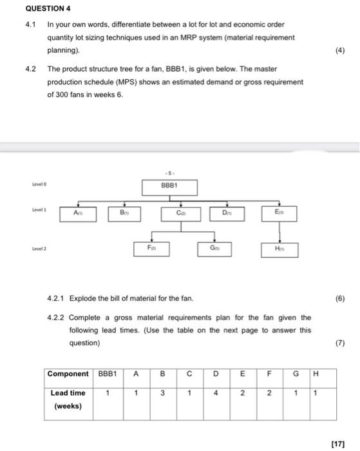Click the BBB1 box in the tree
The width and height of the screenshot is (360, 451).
point(171,187)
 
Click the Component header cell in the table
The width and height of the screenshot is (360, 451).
point(68,373)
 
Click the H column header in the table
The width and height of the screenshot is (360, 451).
point(314,373)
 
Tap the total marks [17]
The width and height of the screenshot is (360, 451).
point(347,443)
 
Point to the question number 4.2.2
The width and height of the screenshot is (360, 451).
point(57,318)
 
